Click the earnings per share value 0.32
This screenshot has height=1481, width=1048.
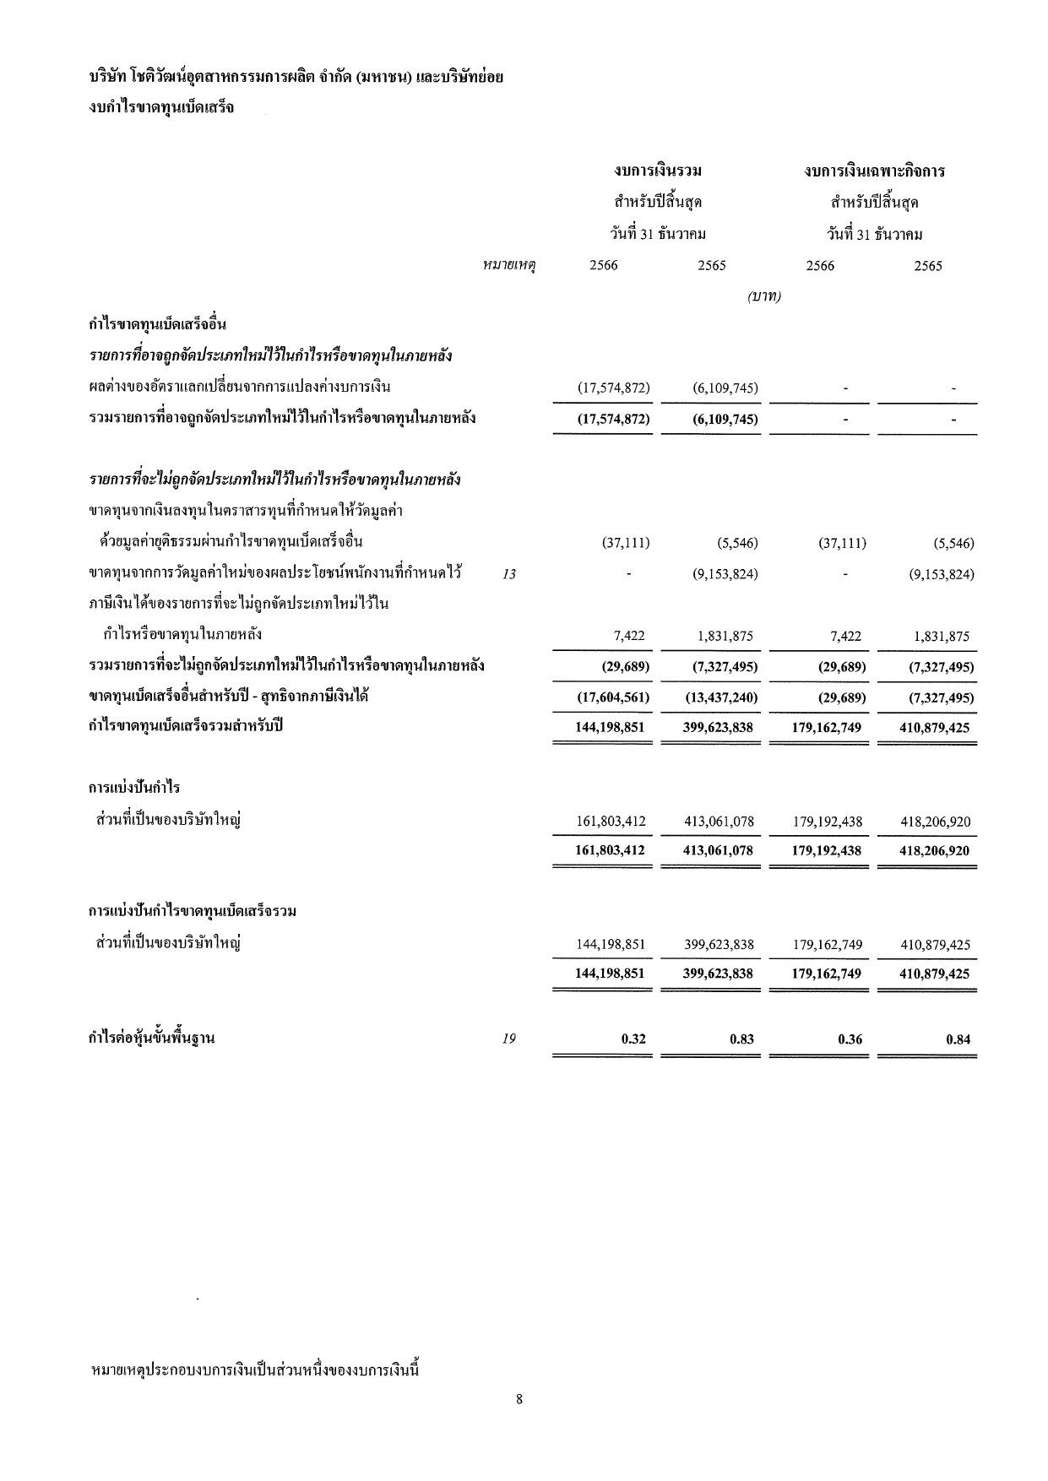tap(633, 1039)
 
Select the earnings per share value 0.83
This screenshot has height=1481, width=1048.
tap(741, 1039)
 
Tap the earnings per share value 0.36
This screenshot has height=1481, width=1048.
tap(850, 1039)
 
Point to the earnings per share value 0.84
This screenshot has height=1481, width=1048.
tap(958, 1039)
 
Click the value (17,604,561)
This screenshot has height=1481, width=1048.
tap(613, 697)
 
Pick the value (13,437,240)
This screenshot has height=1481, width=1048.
tap(720, 697)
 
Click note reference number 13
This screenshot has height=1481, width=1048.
tap(508, 575)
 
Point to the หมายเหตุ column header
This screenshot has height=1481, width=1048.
tap(510, 266)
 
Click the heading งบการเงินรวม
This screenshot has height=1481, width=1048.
tap(659, 171)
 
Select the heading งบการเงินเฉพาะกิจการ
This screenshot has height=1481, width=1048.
tap(874, 171)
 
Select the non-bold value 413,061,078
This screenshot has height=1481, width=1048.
tap(719, 822)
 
